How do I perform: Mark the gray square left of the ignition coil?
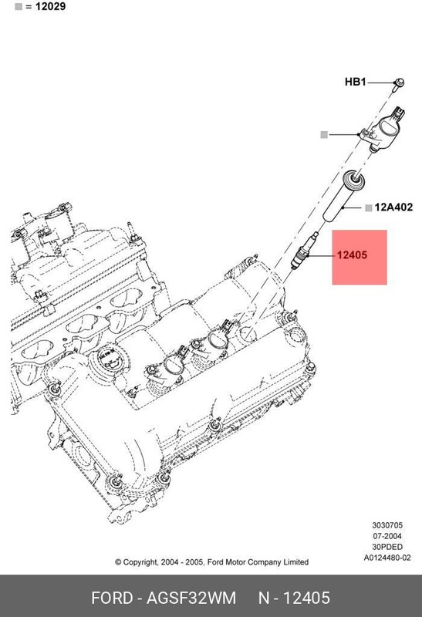325,134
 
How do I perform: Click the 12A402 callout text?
394,207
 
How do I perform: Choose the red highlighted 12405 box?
359,257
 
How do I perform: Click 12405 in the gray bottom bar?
306,598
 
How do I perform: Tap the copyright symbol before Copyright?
119,562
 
